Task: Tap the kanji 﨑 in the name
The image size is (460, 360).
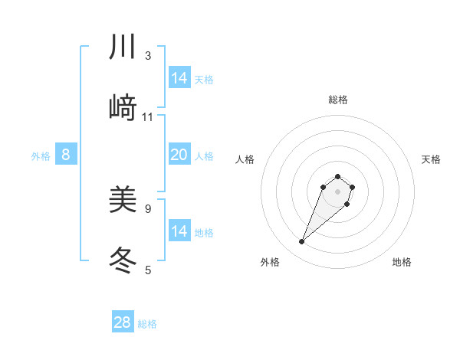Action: click(x=123, y=108)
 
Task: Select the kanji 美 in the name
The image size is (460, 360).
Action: click(x=123, y=200)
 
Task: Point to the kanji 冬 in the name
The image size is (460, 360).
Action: click(x=123, y=260)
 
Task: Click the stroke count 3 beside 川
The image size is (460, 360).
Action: click(x=148, y=56)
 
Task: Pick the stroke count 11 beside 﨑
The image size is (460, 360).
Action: click(x=148, y=117)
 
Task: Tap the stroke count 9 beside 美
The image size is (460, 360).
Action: click(x=148, y=208)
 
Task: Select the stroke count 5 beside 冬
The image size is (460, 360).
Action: click(x=148, y=270)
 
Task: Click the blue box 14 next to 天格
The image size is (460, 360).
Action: click(x=179, y=78)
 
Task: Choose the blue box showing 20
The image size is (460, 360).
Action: click(x=179, y=155)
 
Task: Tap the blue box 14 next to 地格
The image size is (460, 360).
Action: click(x=179, y=231)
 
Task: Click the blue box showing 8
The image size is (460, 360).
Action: click(x=66, y=155)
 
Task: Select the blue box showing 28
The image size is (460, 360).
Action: click(x=123, y=322)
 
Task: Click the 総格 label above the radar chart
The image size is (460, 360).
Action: click(x=338, y=100)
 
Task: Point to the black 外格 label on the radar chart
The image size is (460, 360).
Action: click(x=270, y=262)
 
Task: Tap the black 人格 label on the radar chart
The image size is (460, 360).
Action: click(x=245, y=159)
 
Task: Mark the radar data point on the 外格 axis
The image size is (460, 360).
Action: click(x=302, y=242)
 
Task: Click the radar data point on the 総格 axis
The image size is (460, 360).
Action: click(x=338, y=175)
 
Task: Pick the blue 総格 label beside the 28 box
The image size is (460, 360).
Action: click(x=147, y=324)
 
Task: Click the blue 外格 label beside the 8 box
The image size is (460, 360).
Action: click(x=41, y=156)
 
